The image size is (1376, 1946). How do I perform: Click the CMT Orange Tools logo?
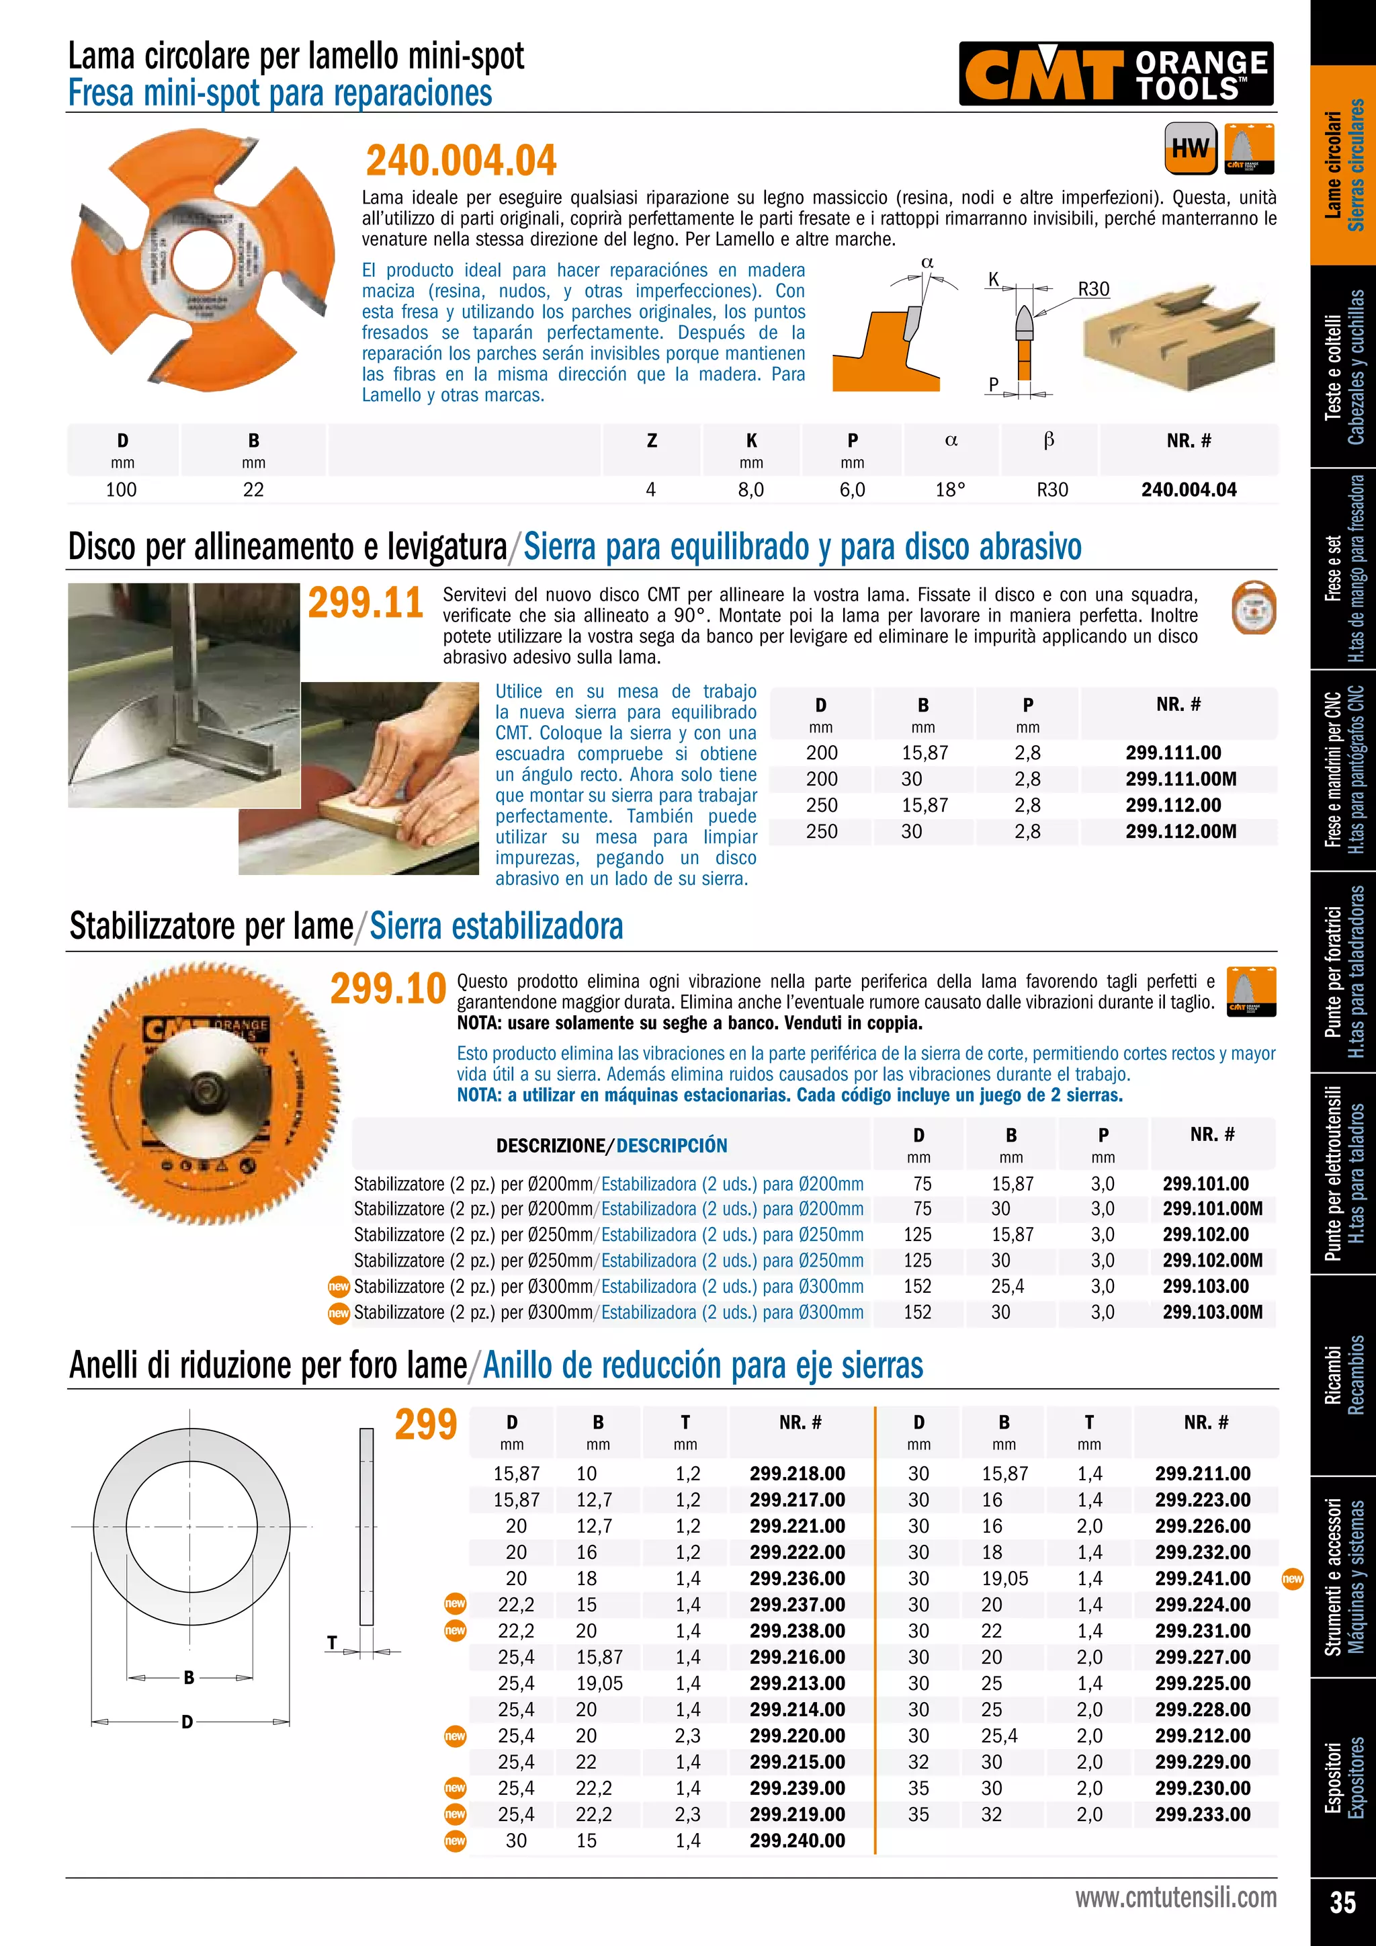(1116, 74)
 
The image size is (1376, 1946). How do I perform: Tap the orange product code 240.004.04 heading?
(461, 160)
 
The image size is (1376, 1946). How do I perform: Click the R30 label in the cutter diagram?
(1093, 289)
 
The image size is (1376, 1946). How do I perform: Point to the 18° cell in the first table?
(950, 490)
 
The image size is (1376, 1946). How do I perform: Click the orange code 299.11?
(365, 603)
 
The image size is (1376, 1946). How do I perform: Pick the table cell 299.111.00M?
(1180, 779)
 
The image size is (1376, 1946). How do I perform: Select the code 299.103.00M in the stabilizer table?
(1211, 1312)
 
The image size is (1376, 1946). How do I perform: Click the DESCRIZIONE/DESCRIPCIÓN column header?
(611, 1146)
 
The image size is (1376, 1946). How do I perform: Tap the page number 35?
(1342, 1902)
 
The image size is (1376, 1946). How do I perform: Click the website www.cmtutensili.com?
(1175, 1898)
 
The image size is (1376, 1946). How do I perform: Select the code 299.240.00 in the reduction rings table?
(796, 1841)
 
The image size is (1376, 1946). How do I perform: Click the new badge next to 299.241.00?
(1292, 1578)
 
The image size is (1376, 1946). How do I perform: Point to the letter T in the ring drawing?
(332, 1642)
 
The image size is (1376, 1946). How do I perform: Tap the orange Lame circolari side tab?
(1343, 165)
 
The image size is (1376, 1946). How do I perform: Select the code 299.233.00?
(1202, 1814)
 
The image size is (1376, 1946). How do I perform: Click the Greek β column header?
(1048, 440)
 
